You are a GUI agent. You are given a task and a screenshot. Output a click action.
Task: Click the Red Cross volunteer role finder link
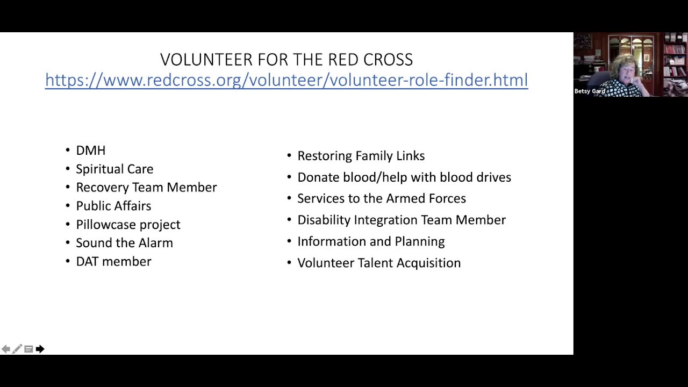286,80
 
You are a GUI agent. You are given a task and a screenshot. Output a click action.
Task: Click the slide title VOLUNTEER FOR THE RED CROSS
286,59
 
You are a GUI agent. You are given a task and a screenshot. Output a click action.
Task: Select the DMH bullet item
90,150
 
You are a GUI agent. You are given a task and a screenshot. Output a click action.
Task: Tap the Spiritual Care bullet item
114,169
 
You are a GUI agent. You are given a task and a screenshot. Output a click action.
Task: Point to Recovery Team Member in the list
146,187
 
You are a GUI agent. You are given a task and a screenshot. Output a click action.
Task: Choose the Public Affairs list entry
113,206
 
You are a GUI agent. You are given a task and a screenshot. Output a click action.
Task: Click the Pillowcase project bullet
128,225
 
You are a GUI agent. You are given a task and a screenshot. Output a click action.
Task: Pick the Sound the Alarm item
124,243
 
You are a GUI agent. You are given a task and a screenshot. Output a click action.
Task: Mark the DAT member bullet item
113,262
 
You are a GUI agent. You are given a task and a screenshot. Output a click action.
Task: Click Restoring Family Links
361,156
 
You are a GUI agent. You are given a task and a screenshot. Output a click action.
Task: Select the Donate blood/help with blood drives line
404,177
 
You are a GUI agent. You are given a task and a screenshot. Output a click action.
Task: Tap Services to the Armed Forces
381,198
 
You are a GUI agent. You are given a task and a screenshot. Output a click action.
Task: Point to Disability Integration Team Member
401,220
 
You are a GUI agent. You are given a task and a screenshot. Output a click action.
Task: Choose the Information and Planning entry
371,241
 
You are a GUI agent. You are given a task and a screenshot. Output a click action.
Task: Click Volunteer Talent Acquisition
378,263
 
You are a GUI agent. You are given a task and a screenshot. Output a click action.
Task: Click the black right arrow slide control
40,349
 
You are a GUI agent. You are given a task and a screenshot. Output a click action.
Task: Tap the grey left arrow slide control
5,349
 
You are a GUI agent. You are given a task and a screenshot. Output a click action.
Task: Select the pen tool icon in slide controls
17,349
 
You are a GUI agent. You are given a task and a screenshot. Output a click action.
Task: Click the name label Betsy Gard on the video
590,91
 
